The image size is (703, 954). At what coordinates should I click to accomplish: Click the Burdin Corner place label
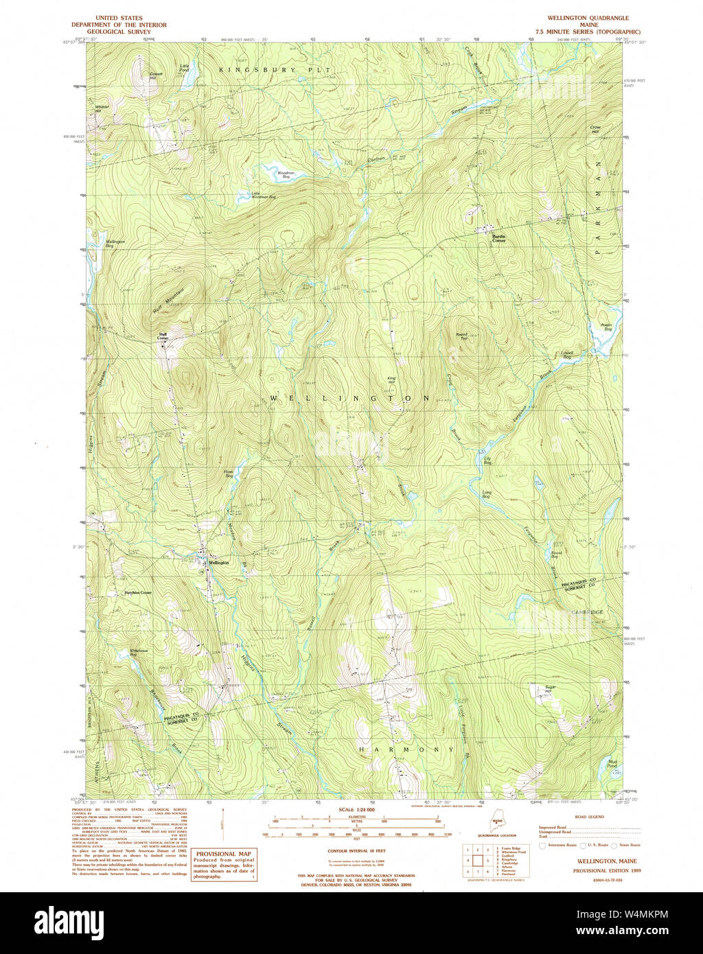pos(498,238)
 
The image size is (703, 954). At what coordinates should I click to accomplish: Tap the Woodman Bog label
pos(286,175)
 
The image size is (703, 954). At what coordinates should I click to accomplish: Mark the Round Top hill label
pos(462,336)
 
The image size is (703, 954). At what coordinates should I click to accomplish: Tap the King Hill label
pos(392,380)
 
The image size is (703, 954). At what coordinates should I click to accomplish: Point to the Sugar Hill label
pos(549,689)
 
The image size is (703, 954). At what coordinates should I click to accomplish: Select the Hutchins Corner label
pos(137,592)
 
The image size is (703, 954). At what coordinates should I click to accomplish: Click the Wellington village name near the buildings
pos(219,562)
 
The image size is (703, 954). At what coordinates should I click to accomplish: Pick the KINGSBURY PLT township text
pos(275,70)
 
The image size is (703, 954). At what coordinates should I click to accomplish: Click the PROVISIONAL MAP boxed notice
pos(224,865)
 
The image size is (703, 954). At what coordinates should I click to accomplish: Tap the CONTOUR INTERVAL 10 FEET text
pos(356,850)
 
